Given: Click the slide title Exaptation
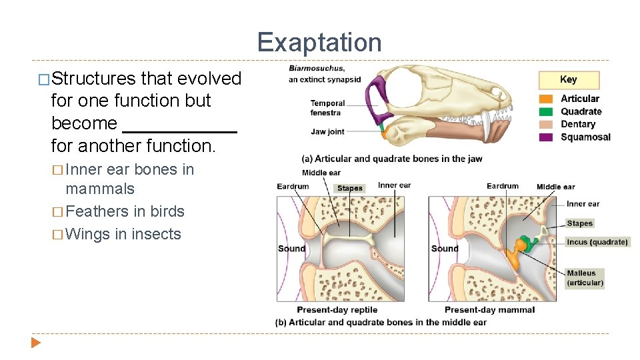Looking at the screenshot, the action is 319,43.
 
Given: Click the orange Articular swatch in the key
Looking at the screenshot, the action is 547,99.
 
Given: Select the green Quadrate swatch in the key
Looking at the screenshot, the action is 547,112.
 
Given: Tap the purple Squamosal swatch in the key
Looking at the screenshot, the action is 547,137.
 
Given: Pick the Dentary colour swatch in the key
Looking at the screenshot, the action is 547,125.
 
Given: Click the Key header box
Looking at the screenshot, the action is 569,80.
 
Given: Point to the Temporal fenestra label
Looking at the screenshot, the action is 327,108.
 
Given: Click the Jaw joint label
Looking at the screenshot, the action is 327,132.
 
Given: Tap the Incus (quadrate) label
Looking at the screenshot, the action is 597,242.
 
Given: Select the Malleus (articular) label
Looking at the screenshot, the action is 585,278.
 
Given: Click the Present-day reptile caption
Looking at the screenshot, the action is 337,310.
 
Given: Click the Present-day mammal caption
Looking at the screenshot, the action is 489,310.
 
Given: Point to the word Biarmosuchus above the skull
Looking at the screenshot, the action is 317,68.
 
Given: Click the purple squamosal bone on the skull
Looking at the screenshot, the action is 377,93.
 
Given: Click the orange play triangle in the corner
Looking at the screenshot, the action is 36,343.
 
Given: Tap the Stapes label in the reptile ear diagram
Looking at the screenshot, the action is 349,188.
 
